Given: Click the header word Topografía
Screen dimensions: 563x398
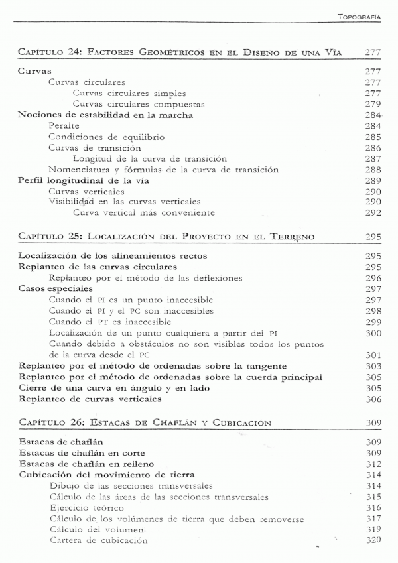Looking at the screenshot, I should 359,17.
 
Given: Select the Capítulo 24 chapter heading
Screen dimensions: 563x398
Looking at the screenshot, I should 180,52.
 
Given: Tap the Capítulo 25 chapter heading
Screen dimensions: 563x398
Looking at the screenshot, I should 166,237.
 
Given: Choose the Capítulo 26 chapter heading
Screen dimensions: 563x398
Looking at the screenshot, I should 145,422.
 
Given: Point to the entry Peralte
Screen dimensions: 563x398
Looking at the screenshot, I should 64,126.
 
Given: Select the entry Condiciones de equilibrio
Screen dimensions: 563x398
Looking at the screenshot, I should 98,137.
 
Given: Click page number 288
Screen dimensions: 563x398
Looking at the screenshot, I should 372,170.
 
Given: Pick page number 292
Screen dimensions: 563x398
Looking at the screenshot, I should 372,213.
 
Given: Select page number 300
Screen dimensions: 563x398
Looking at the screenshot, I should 372,333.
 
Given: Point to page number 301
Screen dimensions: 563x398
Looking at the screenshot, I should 372,355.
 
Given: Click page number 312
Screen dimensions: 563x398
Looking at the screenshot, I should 372,464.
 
